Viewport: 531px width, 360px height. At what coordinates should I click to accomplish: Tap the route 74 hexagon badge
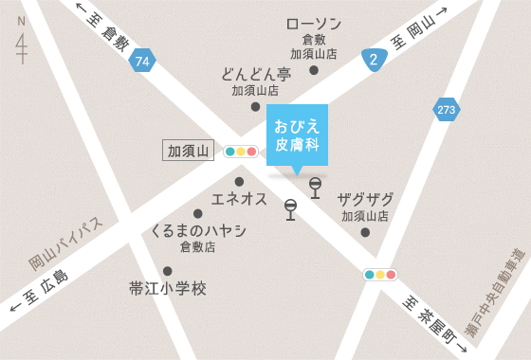142,61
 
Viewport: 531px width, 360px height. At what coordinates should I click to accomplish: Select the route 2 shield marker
375,60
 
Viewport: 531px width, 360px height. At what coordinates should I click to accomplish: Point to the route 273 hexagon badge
447,110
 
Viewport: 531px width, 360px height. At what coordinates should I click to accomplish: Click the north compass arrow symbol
22,47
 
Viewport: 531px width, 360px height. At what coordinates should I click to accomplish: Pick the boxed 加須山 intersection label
188,150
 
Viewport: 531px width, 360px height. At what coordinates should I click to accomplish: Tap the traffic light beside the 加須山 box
240,151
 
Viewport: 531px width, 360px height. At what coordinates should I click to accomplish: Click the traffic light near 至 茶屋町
379,275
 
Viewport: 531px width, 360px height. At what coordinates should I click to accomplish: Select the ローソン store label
313,24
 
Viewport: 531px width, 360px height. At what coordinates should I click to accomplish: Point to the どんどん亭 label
255,74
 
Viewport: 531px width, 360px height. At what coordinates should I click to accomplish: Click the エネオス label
239,199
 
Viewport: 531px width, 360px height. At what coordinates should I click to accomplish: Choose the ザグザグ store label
365,199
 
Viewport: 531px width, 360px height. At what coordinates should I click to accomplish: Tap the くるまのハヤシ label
198,230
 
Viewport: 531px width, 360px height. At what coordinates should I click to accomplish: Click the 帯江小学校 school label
167,288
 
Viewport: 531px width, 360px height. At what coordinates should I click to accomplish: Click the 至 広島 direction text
40,293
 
